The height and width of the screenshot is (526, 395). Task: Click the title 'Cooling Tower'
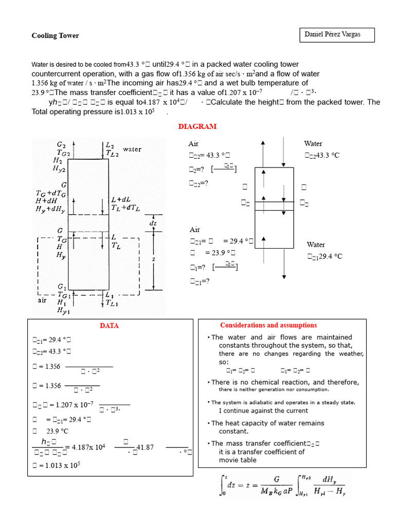tap(56, 36)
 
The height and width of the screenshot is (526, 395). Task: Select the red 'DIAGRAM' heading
tap(197, 126)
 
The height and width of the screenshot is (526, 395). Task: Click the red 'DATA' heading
tap(109, 326)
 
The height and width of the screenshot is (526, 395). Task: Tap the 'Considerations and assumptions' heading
tap(268, 325)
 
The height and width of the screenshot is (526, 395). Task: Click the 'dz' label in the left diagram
tap(153, 223)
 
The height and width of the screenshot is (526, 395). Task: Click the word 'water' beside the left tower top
tap(132, 149)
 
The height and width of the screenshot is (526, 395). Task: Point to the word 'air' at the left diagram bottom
tap(42, 300)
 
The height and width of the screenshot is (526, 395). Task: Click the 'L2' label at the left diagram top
tap(110, 146)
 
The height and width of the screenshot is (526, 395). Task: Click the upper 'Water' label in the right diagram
tap(313, 144)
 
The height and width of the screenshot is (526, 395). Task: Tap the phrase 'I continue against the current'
tap(263, 410)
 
